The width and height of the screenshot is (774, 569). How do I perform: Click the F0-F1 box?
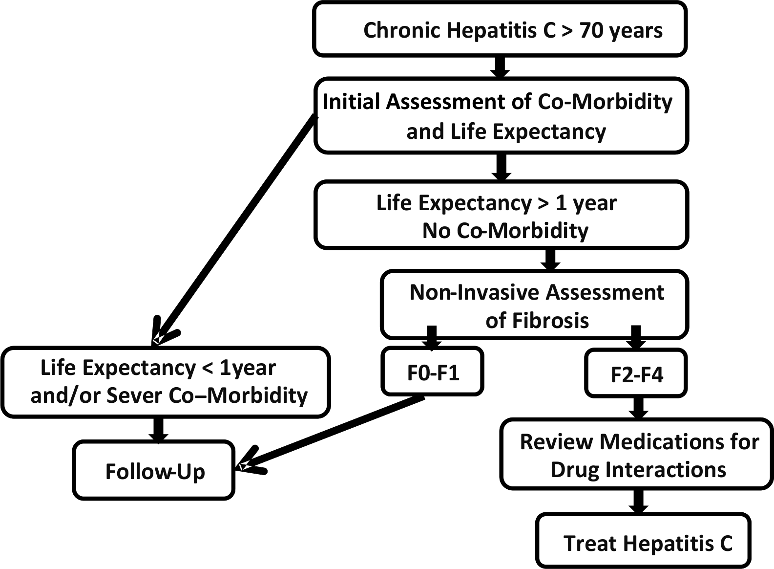pyautogui.click(x=433, y=372)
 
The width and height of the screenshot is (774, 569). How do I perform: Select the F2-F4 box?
pyautogui.click(x=636, y=374)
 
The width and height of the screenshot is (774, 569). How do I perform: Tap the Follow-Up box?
pyautogui.click(x=154, y=471)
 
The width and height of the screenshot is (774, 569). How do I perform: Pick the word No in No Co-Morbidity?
pyautogui.click(x=436, y=230)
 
